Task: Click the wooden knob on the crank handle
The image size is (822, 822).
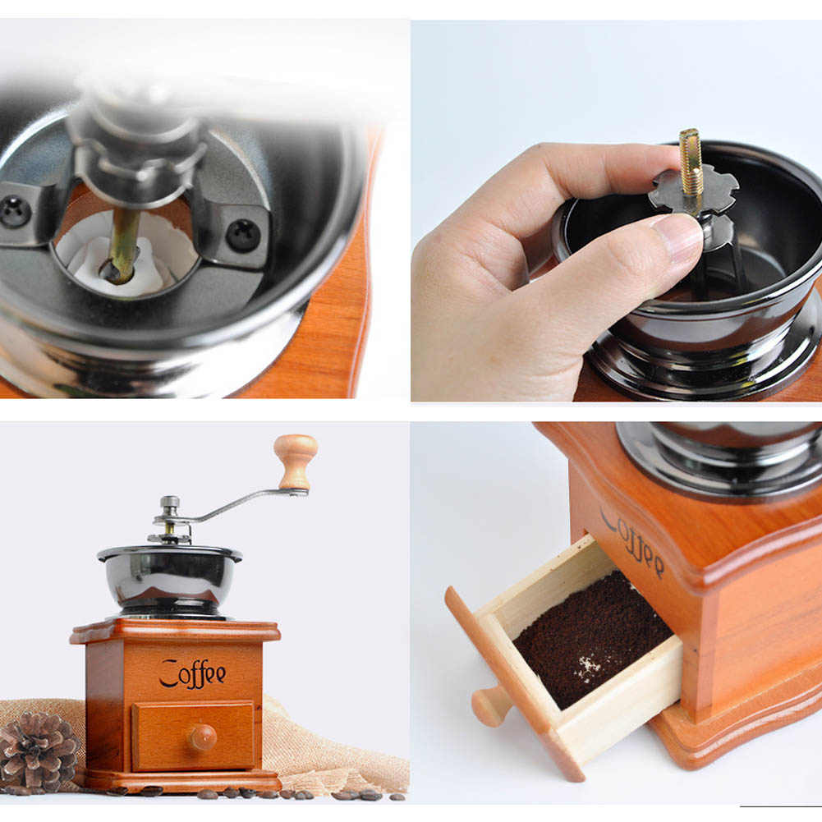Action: (x=296, y=460)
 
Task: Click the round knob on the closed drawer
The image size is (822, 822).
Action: (x=202, y=737)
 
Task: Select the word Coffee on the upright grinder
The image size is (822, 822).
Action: (x=192, y=673)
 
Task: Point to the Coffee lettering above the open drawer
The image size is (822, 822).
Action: (x=631, y=542)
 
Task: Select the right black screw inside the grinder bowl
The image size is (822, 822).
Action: (x=243, y=235)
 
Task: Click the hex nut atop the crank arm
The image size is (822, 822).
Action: (x=170, y=503)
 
